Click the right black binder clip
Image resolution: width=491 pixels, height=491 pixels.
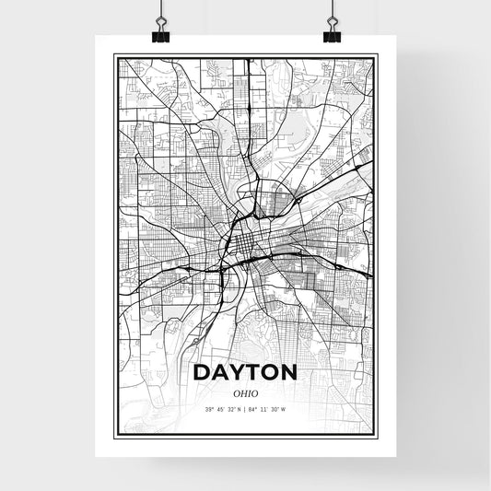click(x=331, y=35)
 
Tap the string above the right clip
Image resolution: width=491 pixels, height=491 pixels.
click(x=331, y=9)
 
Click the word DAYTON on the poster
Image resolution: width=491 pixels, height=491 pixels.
click(x=245, y=373)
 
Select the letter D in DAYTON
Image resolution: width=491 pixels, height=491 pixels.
click(x=203, y=373)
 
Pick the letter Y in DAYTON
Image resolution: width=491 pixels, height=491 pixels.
click(x=237, y=373)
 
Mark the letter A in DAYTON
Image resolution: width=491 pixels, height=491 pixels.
click(x=220, y=373)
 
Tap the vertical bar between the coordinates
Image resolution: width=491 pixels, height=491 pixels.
click(x=246, y=409)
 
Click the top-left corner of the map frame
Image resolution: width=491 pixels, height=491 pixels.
click(x=113, y=54)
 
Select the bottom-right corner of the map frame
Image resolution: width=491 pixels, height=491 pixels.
click(x=377, y=438)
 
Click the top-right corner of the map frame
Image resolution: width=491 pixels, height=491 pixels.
click(x=377, y=54)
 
